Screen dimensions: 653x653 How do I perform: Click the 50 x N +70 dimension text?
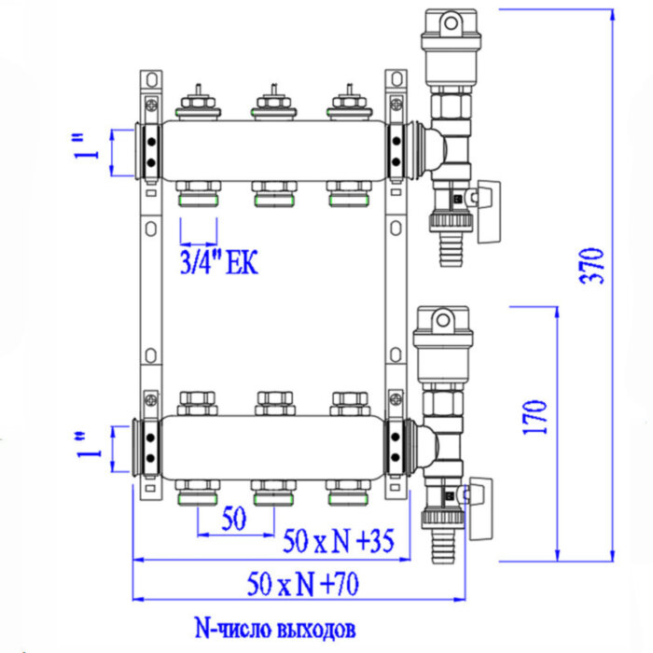pos(303,585)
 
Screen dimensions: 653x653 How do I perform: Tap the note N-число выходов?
pos(273,627)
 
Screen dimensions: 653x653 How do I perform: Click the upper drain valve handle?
pos(486,214)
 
